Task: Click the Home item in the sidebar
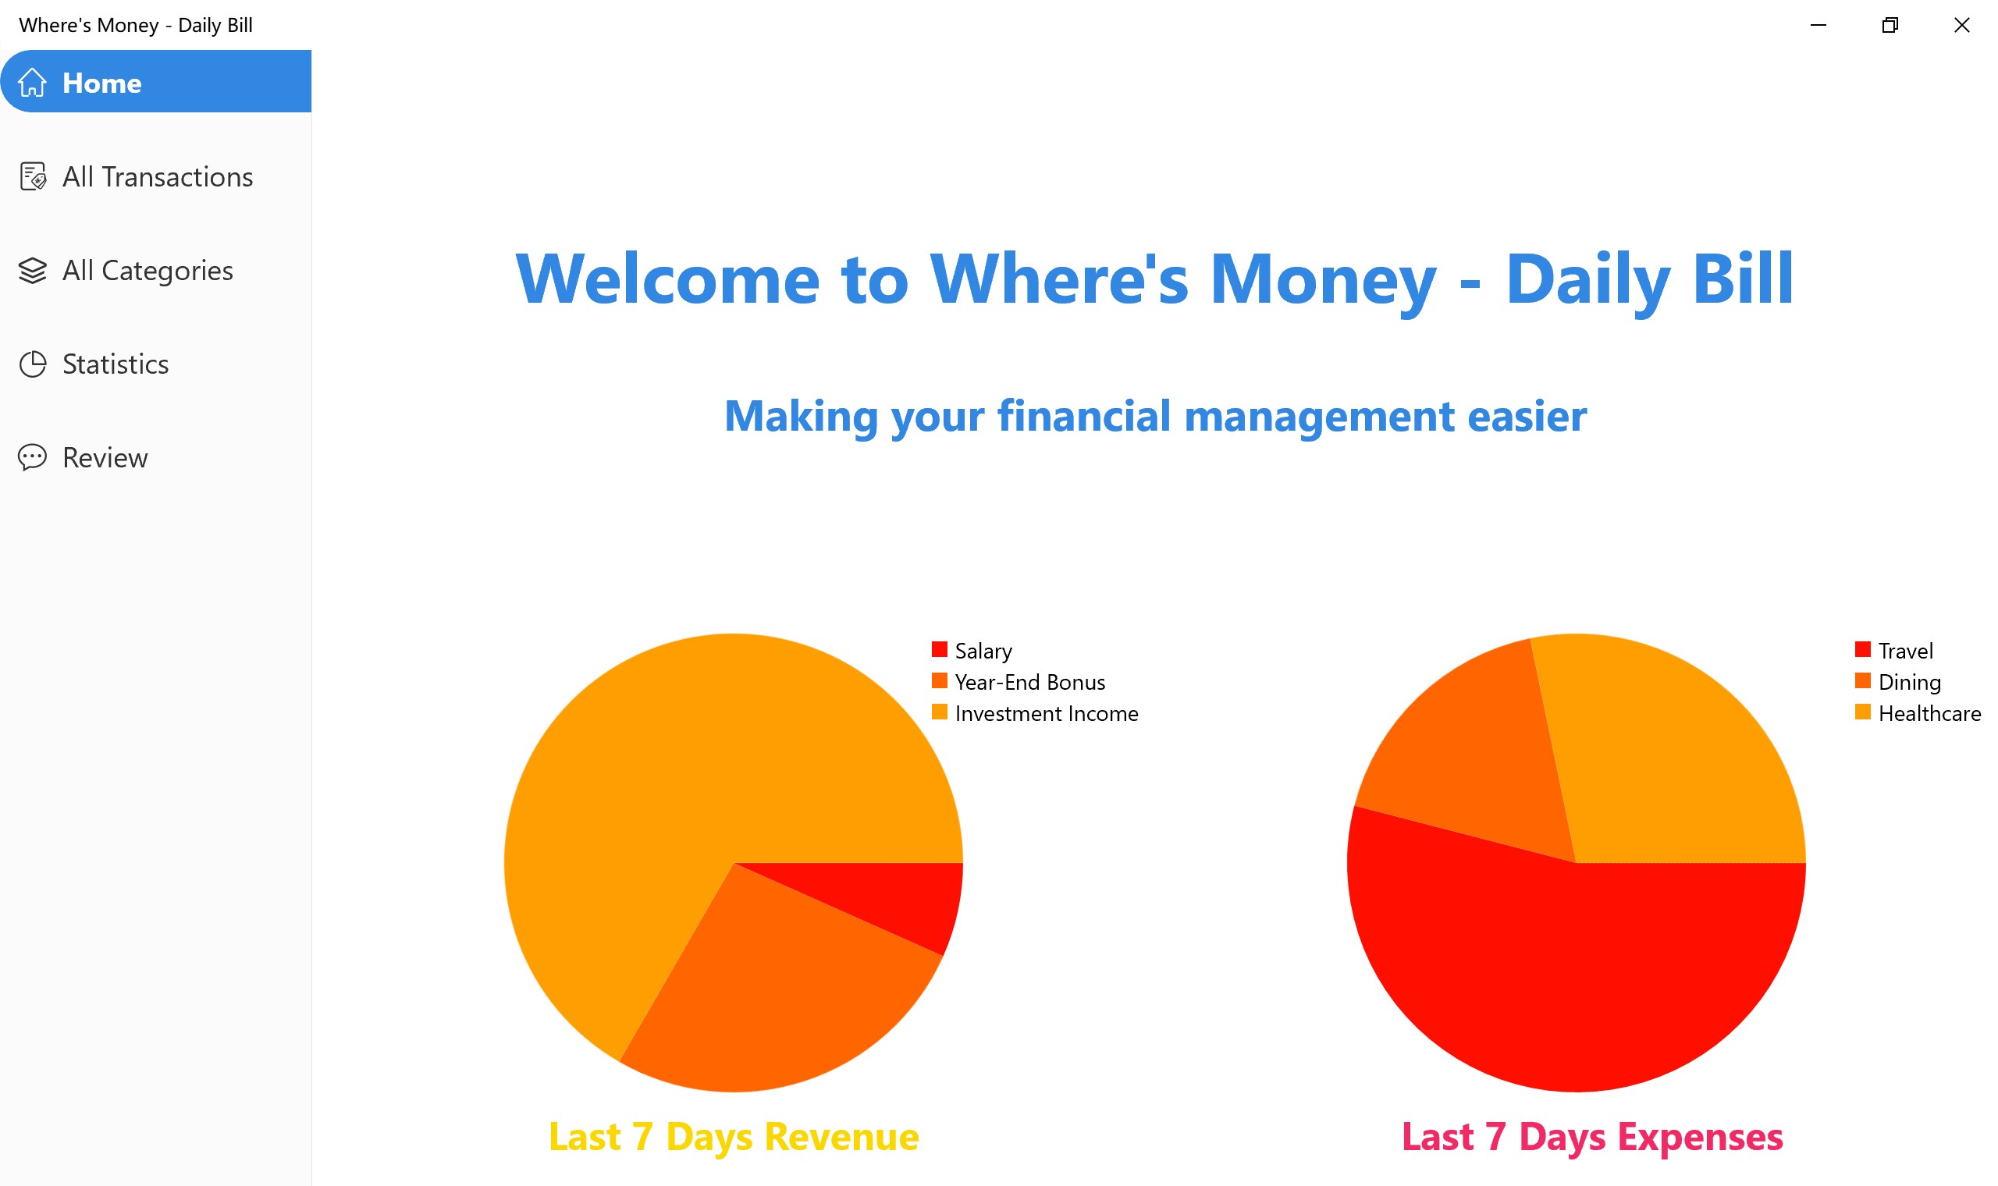[x=156, y=81]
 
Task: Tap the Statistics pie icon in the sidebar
[x=33, y=364]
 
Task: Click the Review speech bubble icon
[x=33, y=458]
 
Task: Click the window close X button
[x=1961, y=25]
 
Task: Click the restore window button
[x=1890, y=25]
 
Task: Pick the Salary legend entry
[x=972, y=651]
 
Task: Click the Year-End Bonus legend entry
[x=1019, y=682]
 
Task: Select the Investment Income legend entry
[x=1035, y=713]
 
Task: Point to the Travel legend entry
[x=1893, y=651]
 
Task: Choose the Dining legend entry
[x=1897, y=682]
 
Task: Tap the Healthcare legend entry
[x=1918, y=713]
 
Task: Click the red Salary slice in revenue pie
[x=895, y=896]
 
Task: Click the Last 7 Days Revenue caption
[x=734, y=1136]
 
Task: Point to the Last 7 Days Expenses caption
[x=1592, y=1136]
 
